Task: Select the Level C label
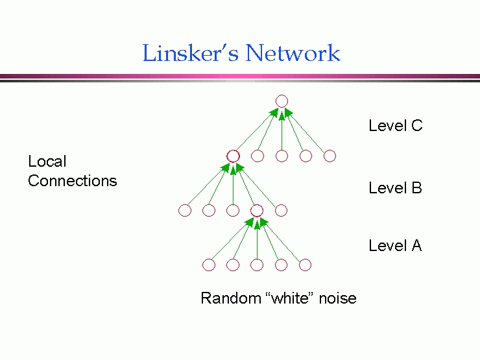coord(395,126)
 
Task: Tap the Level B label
coord(395,188)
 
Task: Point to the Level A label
coord(395,246)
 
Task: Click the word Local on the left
coord(47,162)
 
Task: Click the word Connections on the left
coord(73,181)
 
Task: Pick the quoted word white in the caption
coord(287,298)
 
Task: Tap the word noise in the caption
coord(337,298)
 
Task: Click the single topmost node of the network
coord(282,101)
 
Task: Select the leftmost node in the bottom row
coord(209,265)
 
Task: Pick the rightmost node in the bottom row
coord(305,265)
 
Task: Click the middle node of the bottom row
coord(257,265)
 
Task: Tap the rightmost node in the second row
coord(330,156)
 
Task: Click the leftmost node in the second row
coord(234,156)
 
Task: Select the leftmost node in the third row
coord(185,210)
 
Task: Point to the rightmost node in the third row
coord(281,210)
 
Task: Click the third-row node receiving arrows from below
coord(257,210)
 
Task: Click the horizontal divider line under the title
coord(240,77)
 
